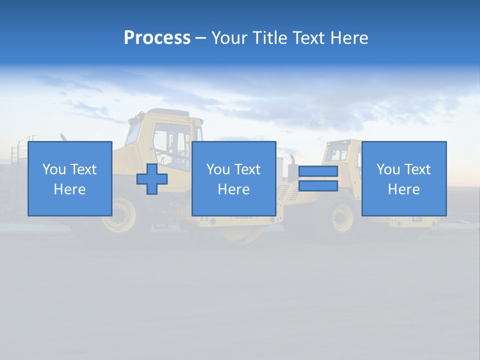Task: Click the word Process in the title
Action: point(157,38)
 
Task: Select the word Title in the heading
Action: point(269,38)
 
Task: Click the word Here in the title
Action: point(349,38)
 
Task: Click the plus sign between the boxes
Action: point(152,178)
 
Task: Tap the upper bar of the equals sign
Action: point(318,171)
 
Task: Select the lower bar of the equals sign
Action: point(318,186)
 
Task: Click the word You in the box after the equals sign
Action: point(387,169)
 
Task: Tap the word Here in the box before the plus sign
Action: point(69,189)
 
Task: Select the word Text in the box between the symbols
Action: point(248,169)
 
